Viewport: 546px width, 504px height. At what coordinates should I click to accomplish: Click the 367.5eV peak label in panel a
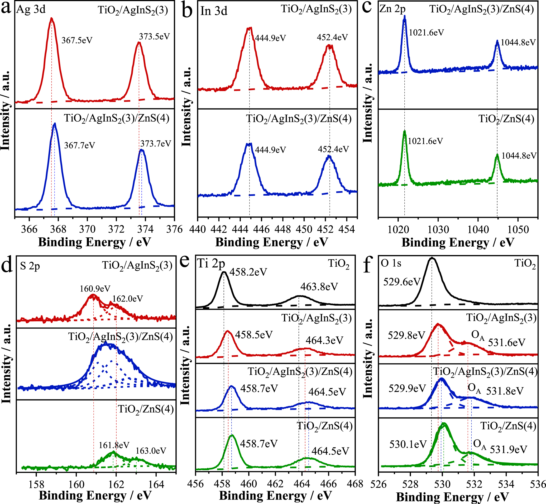click(77, 40)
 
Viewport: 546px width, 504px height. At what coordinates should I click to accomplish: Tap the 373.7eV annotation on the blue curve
click(156, 143)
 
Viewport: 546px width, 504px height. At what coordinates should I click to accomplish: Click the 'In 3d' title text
click(214, 11)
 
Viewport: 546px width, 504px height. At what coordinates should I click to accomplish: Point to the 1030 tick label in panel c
click(438, 229)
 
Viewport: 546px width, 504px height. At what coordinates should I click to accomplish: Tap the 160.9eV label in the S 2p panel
click(95, 289)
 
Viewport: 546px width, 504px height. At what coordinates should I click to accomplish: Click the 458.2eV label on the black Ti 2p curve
click(248, 272)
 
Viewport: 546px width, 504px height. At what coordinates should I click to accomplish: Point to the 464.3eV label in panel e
click(324, 340)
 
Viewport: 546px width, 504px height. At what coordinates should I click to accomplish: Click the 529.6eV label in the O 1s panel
click(402, 282)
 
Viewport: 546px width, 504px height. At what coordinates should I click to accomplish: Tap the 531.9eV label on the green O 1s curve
click(508, 449)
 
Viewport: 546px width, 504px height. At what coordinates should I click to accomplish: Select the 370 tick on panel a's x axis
click(87, 229)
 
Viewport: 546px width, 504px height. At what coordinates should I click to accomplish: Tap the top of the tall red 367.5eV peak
click(51, 18)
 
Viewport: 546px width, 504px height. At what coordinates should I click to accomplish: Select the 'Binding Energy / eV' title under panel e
click(275, 495)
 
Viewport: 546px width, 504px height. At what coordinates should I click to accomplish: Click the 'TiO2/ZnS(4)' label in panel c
click(506, 119)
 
